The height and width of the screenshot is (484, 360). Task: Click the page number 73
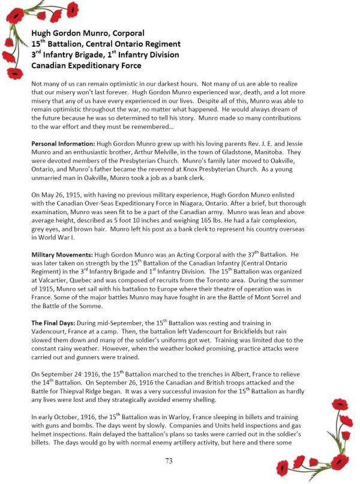pos(179,461)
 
